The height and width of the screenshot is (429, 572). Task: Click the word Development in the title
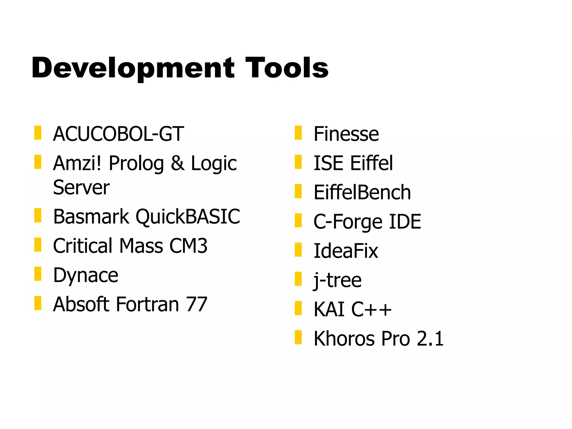133,68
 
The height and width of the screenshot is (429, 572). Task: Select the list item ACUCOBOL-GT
118,134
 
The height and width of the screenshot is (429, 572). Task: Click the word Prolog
136,163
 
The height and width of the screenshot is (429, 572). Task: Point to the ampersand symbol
178,163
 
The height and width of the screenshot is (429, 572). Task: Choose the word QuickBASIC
188,217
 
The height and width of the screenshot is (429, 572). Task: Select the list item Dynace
86,275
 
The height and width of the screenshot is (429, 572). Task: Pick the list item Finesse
346,134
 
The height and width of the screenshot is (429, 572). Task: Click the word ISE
328,163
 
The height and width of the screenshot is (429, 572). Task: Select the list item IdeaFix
346,251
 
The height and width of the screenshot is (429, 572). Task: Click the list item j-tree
337,280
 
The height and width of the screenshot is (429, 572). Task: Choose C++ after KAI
371,309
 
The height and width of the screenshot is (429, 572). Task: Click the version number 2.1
430,338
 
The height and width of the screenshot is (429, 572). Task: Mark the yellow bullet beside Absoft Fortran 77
38,303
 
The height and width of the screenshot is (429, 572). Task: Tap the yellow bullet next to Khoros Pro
298,337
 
